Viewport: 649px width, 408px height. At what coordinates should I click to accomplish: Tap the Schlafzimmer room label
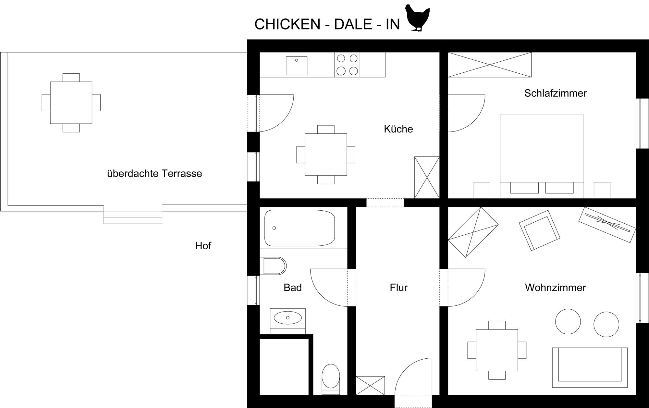tap(556, 93)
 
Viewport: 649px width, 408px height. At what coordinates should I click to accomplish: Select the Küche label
tap(398, 129)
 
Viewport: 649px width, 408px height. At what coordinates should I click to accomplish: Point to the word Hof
tap(203, 246)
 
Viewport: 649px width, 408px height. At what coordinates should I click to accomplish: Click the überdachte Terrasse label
tap(154, 173)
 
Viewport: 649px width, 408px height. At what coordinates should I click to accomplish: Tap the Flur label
tap(398, 288)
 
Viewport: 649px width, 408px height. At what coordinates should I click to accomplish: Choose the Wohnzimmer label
tap(556, 288)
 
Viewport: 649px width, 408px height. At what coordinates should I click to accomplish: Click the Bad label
tap(293, 288)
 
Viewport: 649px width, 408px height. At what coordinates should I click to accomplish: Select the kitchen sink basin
tap(297, 66)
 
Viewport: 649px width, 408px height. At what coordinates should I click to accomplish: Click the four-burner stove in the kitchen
tap(347, 65)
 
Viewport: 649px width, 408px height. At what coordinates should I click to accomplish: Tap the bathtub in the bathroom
tap(300, 228)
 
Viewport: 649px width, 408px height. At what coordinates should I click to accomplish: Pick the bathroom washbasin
tap(288, 318)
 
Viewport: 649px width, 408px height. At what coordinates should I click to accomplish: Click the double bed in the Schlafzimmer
tap(542, 156)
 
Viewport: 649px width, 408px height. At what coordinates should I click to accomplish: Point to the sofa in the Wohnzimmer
tap(590, 367)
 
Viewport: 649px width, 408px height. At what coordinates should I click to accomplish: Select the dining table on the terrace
tap(71, 103)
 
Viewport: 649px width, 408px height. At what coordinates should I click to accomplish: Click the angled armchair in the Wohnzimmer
tap(540, 230)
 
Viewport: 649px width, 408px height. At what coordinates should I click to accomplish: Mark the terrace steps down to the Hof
tap(133, 214)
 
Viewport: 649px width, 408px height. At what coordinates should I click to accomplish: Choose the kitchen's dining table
tap(326, 155)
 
